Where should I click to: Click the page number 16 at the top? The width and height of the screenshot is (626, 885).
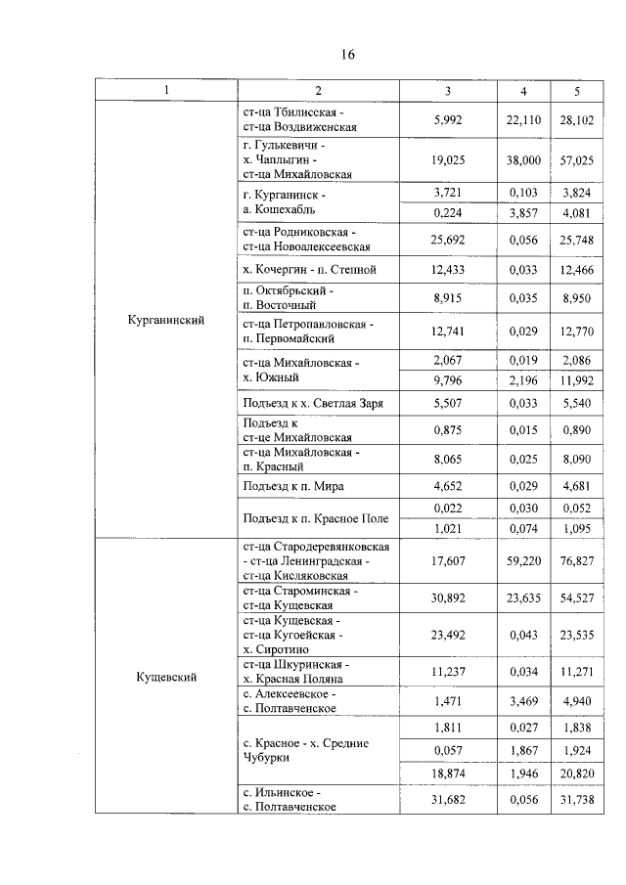point(347,56)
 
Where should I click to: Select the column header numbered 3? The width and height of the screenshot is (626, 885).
point(447,91)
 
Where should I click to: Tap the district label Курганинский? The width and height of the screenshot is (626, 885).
point(166,319)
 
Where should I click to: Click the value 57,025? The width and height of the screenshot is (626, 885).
point(577,158)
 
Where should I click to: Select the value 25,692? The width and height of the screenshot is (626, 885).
point(447,239)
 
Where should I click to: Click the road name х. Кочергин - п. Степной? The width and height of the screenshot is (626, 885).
point(306,269)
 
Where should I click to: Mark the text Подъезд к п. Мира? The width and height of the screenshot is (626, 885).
point(292,486)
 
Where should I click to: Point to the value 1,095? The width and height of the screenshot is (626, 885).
point(577,528)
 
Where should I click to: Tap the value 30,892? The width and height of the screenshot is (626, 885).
point(447,597)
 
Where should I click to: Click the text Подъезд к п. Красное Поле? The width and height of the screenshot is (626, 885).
point(314,517)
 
